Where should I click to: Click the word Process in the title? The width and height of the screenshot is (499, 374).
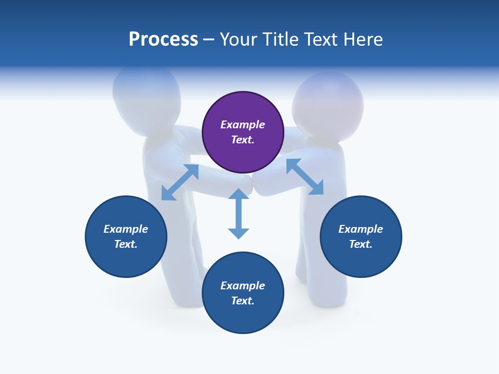pos(163,39)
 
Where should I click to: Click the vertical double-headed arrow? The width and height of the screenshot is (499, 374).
pos(239,213)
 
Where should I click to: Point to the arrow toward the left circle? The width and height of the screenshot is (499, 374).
pos(180,182)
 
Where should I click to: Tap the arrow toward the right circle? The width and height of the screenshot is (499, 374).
pos(305,177)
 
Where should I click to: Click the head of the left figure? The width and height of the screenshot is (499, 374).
pos(147,94)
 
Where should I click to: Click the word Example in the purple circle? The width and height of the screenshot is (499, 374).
pos(243,125)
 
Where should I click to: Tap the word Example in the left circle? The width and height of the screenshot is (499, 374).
pos(126,229)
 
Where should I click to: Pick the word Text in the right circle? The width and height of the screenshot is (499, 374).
pos(359,244)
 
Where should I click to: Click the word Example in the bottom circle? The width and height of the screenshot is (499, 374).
pos(243,286)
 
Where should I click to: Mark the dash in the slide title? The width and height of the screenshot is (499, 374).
pos(209,39)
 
